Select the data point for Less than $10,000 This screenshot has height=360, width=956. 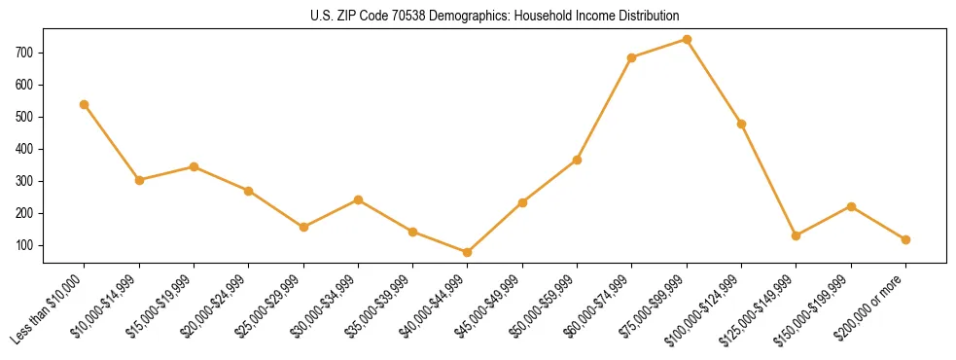(x=85, y=104)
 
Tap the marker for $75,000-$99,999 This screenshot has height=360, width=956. (x=687, y=40)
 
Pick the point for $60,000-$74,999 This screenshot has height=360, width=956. (x=632, y=57)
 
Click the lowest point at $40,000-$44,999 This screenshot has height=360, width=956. (x=468, y=252)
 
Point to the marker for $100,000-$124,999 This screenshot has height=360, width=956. (x=742, y=124)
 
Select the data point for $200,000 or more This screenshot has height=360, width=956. (x=905, y=239)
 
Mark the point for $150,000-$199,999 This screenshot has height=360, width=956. (x=851, y=206)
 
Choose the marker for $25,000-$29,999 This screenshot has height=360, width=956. (x=303, y=227)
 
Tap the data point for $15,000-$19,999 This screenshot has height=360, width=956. (x=194, y=166)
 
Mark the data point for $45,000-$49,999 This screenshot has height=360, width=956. (x=522, y=202)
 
